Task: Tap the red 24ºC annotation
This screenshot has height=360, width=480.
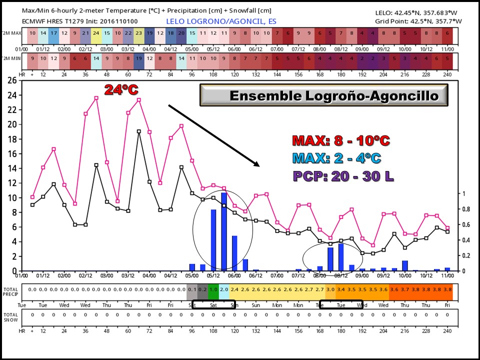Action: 120,90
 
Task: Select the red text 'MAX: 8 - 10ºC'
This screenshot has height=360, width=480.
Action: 340,140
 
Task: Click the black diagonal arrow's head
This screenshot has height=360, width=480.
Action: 258,165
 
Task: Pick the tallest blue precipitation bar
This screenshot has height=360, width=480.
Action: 224,231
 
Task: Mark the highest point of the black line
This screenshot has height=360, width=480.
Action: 139,131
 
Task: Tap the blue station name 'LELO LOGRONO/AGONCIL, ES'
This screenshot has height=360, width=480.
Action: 221,21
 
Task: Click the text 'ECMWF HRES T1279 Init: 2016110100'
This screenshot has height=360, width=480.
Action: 80,21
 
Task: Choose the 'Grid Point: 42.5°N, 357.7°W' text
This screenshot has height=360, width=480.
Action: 418,21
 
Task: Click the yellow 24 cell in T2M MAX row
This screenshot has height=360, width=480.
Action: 96,33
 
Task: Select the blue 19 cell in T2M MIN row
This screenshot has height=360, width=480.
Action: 138,58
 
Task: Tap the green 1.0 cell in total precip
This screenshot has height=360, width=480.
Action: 213,289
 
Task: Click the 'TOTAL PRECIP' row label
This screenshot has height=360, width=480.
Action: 10,291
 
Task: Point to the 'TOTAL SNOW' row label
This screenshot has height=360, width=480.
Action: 10,317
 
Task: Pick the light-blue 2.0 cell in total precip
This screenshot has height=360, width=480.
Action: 224,289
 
